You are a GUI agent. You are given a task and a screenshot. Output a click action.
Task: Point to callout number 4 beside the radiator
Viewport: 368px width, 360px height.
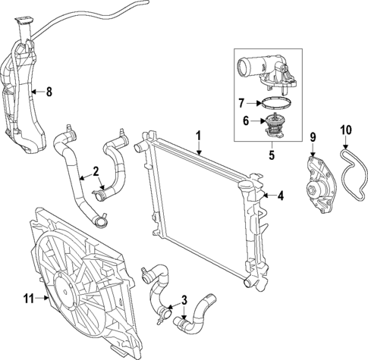click(280, 196)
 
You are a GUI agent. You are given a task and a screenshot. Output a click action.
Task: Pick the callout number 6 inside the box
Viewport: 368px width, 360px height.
click(245, 120)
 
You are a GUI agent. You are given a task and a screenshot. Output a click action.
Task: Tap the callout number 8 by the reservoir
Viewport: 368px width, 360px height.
click(49, 93)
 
